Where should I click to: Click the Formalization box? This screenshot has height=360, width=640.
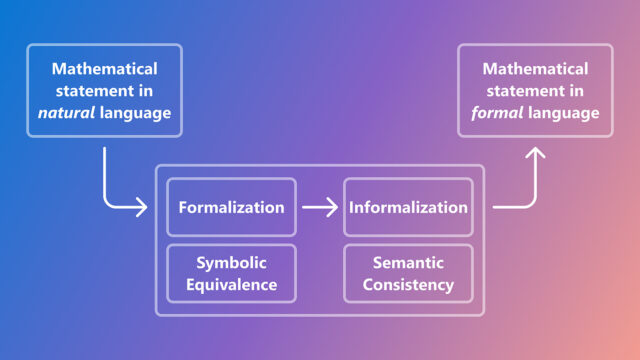tap(231, 208)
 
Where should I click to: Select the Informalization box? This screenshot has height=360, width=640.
tap(408, 208)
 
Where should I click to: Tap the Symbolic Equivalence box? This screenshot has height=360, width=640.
tap(231, 273)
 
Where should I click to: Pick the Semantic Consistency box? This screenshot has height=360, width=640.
tap(408, 273)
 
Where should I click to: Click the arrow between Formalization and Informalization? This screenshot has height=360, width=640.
tap(320, 208)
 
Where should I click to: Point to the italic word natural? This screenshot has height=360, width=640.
tap(66, 113)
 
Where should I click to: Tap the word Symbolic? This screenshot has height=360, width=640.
tap(231, 262)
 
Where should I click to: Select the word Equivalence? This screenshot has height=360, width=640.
tap(231, 284)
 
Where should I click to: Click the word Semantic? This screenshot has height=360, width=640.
tap(408, 262)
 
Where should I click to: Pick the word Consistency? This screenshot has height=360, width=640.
tap(408, 284)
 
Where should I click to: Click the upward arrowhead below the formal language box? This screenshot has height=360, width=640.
tap(535, 154)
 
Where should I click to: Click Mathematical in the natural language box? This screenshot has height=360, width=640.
tap(105, 69)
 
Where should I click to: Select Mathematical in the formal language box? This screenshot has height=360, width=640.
tap(535, 69)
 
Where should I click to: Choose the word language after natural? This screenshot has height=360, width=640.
tap(137, 113)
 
